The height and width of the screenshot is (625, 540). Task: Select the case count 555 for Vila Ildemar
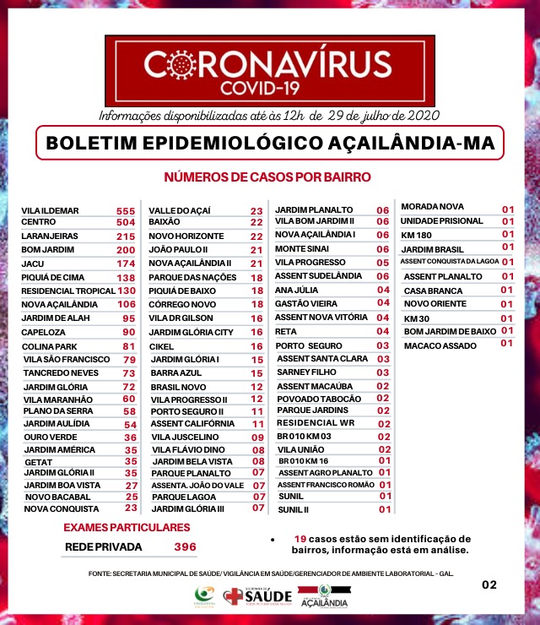tap(126, 209)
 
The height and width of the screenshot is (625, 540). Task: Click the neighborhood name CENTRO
tap(39, 223)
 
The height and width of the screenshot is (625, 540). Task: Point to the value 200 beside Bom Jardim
tap(126, 250)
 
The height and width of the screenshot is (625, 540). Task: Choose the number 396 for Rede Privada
tap(184, 547)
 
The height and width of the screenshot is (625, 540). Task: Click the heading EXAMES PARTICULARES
tap(127, 528)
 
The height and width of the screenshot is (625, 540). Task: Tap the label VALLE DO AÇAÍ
tap(180, 210)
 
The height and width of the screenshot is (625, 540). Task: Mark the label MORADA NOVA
tap(432, 207)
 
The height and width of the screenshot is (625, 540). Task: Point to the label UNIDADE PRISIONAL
tap(441, 220)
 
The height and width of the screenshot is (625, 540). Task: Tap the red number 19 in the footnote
tap(300, 539)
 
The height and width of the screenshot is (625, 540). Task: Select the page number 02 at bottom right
tap(489, 584)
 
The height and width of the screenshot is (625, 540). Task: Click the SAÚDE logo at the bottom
tap(257, 597)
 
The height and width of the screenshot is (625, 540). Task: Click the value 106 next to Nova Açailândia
tap(126, 304)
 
